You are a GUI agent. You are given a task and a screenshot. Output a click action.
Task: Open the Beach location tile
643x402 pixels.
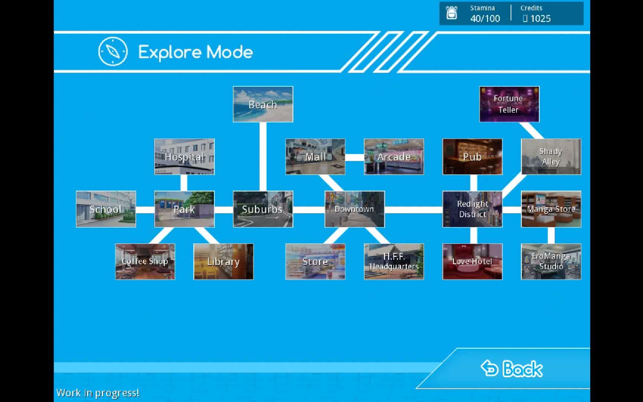pos(263,104)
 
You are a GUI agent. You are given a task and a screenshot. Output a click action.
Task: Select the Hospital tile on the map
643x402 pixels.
pos(184,157)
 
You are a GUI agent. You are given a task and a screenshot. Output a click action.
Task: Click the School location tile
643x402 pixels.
pos(106,209)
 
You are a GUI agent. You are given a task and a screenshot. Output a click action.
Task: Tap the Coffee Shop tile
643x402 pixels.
pos(145,262)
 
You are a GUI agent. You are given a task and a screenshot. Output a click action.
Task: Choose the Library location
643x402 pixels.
pos(223,262)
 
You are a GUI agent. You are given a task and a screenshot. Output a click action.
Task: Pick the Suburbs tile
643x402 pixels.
pos(263,209)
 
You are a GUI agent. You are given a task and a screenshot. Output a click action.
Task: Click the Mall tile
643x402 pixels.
pos(315,157)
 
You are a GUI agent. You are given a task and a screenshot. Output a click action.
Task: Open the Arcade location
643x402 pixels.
pos(394,157)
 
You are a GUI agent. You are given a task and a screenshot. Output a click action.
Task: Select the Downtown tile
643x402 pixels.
pos(354,209)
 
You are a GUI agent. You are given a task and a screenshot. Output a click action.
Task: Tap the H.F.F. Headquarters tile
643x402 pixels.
pos(394,262)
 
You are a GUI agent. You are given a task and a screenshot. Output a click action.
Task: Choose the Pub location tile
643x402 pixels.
pos(472,157)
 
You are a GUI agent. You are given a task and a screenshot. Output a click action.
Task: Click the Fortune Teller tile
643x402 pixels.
pos(509,104)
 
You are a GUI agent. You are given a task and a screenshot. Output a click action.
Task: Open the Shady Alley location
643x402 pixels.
pos(551,157)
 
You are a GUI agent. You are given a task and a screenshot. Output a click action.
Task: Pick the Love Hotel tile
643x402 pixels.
pos(472,262)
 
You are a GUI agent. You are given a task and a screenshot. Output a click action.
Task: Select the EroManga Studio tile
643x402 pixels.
pos(551,262)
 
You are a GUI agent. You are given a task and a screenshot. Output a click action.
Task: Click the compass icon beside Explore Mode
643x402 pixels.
pos(113,51)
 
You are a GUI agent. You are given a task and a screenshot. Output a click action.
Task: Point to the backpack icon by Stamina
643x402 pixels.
pos(451,13)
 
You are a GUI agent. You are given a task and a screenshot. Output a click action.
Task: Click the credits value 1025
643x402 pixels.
pos(540,19)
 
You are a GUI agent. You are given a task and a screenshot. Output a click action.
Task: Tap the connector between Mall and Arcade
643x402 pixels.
pos(355,157)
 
